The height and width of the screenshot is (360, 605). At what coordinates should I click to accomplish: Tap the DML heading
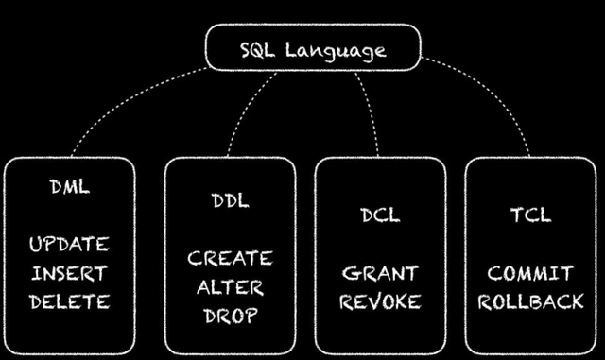click(x=69, y=186)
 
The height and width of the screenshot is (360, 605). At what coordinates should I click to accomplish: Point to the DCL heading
click(x=380, y=214)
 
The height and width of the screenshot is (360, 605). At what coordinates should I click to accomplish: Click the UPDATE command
click(x=69, y=245)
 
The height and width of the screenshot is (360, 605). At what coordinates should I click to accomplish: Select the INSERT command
click(x=69, y=274)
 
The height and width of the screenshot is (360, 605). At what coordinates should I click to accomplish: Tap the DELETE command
click(x=69, y=303)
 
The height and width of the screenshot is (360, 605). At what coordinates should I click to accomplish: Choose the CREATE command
click(x=230, y=258)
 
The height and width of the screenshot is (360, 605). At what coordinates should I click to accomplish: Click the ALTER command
click(x=230, y=287)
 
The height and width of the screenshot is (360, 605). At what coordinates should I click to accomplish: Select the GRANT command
click(x=380, y=273)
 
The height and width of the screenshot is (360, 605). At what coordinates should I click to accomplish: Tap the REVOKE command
click(x=380, y=302)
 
